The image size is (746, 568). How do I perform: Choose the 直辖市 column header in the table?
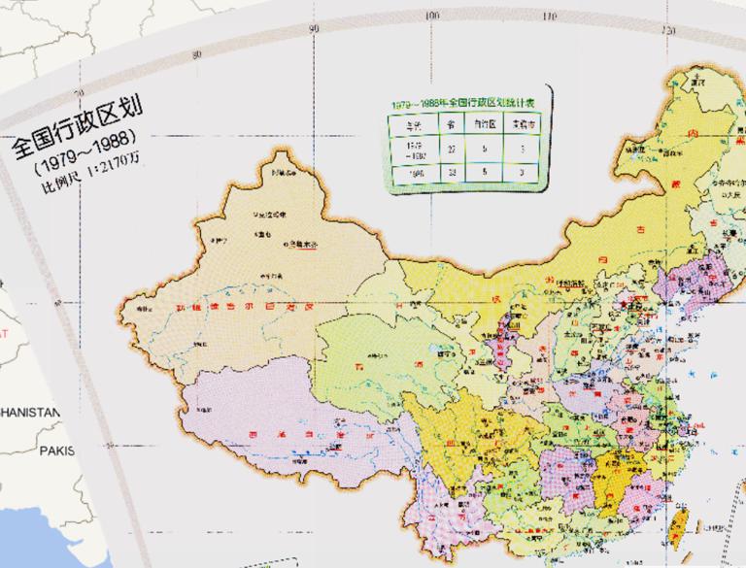pos(522,124)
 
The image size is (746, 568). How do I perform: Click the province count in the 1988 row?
pos(452,171)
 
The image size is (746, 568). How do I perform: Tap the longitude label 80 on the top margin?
pos(197,54)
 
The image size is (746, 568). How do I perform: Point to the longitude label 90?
pos(313,28)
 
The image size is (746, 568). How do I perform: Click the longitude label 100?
pos(431,16)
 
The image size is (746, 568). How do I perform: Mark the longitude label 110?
pos(550,17)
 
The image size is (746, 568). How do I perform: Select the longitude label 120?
pos(668,30)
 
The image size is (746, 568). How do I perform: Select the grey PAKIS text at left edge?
pos(57,451)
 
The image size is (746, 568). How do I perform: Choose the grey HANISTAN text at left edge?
pos(30,412)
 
